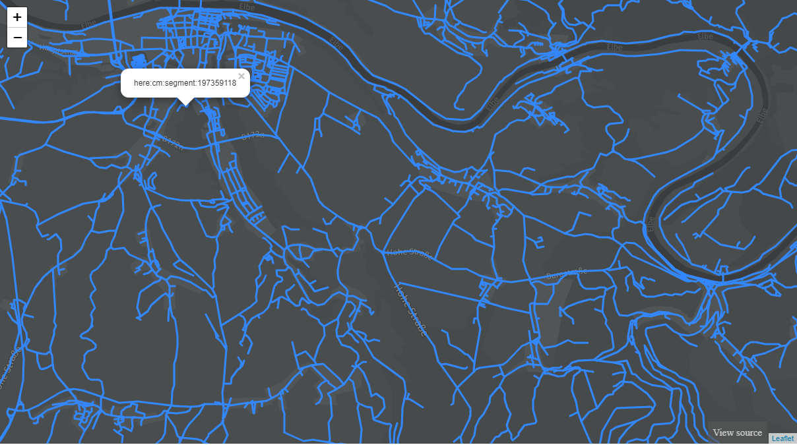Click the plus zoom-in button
coord(17,17)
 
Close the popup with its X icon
coord(241,76)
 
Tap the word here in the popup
coord(141,83)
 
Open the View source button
coord(737,432)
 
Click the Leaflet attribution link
coord(782,438)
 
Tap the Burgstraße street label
coord(567,274)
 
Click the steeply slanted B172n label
coord(173,142)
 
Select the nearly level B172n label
coord(253,136)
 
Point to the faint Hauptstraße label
coord(59,49)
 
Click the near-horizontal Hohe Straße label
coord(409,254)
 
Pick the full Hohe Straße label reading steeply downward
coord(410,310)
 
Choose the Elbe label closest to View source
coord(651,225)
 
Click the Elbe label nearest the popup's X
coord(336,44)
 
